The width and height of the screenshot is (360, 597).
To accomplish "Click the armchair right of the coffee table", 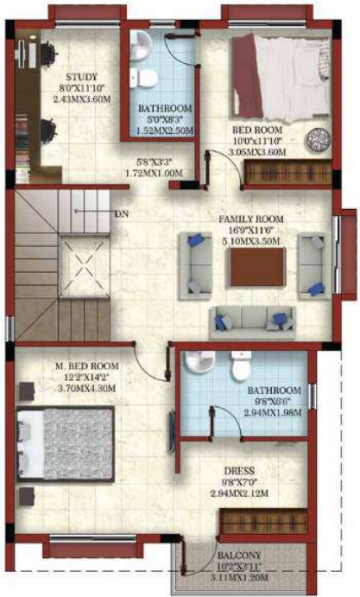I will point(311,268).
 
